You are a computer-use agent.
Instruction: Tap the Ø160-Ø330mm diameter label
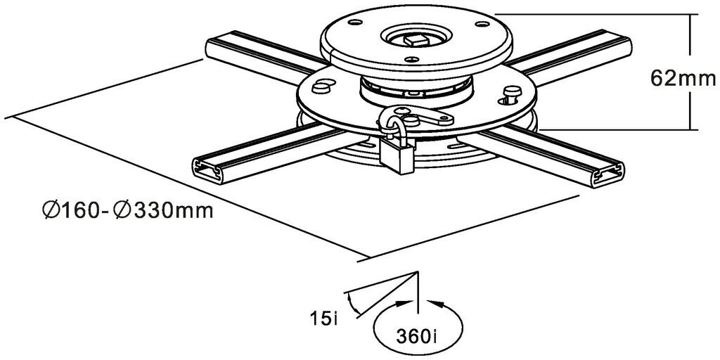point(127,210)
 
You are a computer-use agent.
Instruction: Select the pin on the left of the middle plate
point(321,86)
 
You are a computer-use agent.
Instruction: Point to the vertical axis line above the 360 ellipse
point(418,292)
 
